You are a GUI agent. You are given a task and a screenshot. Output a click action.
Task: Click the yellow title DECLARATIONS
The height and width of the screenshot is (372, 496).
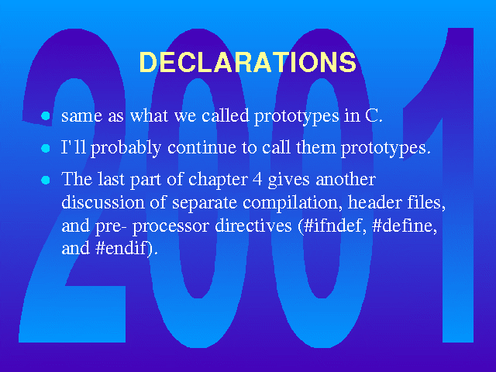pyautogui.click(x=248, y=62)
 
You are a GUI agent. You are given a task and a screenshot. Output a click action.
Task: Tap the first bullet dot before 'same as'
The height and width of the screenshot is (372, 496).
pyautogui.click(x=46, y=115)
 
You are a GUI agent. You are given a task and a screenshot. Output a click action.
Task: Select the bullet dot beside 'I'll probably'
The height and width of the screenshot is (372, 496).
pyautogui.click(x=46, y=148)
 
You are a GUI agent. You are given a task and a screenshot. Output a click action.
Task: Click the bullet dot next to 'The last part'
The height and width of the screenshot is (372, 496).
pyautogui.click(x=46, y=180)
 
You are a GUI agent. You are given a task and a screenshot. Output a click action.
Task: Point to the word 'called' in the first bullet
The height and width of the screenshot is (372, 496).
pyautogui.click(x=226, y=115)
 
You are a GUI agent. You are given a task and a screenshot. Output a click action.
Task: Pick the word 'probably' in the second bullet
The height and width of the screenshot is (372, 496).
pyautogui.click(x=126, y=148)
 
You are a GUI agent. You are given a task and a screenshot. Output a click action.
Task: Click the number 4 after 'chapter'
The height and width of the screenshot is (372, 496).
pyautogui.click(x=257, y=180)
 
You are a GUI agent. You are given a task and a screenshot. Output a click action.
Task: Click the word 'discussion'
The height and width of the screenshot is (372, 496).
pyautogui.click(x=103, y=202)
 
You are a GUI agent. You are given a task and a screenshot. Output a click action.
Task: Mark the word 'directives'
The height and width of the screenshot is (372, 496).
pyautogui.click(x=253, y=226)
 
